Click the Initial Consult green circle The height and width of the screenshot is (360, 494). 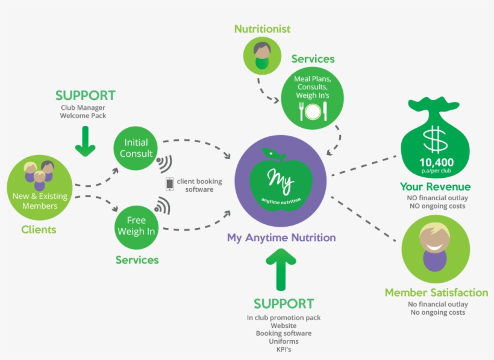137,148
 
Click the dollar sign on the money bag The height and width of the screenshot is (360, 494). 434,139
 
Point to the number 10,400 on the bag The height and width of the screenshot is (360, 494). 437,162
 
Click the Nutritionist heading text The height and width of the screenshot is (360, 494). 262,29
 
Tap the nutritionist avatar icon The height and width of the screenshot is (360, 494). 261,55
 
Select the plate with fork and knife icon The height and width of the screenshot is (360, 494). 313,111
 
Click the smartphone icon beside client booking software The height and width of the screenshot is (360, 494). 169,184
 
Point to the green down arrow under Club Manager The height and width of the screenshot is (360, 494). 86,140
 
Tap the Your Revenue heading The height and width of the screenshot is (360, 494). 435,187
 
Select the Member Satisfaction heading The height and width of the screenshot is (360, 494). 436,292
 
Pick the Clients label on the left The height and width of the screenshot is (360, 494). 39,229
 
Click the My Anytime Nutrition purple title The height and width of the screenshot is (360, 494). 281,238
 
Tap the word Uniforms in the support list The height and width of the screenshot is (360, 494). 283,341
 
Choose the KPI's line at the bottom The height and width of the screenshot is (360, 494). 283,349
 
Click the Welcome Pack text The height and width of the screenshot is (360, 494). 83,115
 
